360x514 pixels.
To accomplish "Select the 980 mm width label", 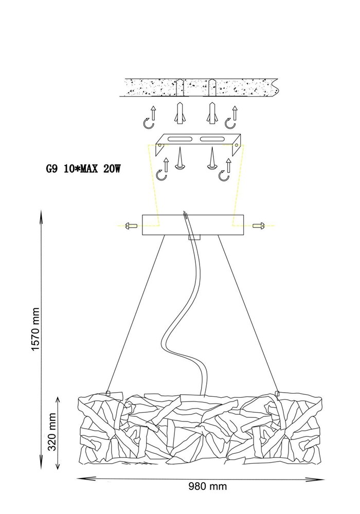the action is (208, 486).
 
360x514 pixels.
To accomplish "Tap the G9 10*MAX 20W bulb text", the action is (83, 169).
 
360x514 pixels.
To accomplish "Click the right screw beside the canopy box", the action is (259, 226).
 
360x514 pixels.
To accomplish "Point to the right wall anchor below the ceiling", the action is (212, 113).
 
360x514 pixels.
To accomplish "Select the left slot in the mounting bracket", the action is (181, 139).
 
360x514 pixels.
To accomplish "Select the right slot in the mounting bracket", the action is (212, 139).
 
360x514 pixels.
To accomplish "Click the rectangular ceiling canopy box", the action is (193, 225).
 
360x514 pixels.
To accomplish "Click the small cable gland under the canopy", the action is (194, 237).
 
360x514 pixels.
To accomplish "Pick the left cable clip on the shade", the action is (109, 393).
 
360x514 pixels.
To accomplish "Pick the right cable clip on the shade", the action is (277, 393).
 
